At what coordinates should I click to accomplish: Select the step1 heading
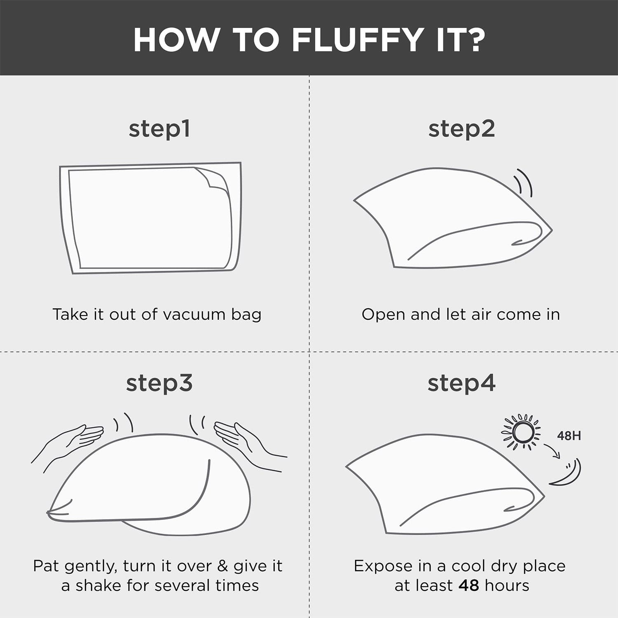pyautogui.click(x=159, y=129)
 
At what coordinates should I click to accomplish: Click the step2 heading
pyautogui.click(x=461, y=129)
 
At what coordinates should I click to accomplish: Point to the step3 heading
pyautogui.click(x=159, y=384)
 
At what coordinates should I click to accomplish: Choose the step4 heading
pyautogui.click(x=461, y=384)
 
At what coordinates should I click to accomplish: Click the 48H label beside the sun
pyautogui.click(x=569, y=435)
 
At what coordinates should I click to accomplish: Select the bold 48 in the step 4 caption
pyautogui.click(x=469, y=585)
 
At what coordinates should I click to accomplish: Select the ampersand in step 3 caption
pyautogui.click(x=222, y=566)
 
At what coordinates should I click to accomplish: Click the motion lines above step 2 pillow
pyautogui.click(x=524, y=182)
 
